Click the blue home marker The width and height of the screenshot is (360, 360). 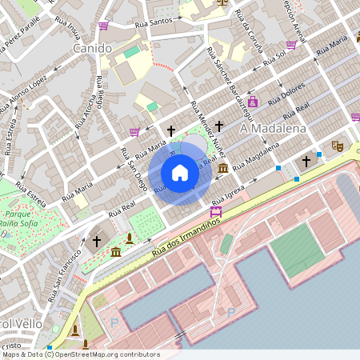pos(180,172)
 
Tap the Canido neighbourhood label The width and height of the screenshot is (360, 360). pos(91,49)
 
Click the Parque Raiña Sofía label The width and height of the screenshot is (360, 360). pos(24,219)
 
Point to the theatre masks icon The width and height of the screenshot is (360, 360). pos(338,146)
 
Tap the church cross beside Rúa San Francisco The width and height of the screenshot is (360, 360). pos(97,240)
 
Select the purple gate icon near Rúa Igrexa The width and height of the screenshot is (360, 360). pos(215,211)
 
